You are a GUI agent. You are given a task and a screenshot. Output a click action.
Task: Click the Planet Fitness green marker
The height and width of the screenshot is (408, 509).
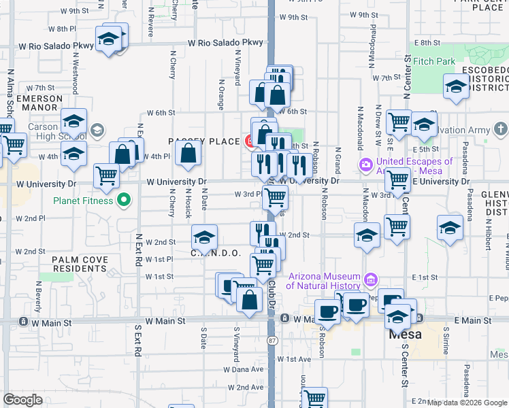pyautogui.click(x=123, y=200)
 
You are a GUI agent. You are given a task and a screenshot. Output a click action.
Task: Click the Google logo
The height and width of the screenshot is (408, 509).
pyautogui.click(x=22, y=400)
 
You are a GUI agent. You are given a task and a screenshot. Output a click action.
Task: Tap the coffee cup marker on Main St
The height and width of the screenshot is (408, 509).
pyautogui.click(x=327, y=312)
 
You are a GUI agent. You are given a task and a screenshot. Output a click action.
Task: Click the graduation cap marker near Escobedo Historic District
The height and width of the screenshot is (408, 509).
pyautogui.click(x=456, y=86)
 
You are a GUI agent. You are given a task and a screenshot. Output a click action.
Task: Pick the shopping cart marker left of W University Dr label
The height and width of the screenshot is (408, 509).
pyautogui.click(x=107, y=175)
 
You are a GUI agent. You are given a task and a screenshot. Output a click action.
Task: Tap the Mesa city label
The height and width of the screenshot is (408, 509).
pyautogui.click(x=406, y=335)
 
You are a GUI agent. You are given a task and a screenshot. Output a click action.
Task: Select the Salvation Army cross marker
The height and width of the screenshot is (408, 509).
pyautogui.click(x=500, y=129)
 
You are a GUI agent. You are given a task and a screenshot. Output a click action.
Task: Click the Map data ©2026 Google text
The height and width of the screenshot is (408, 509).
pyautogui.click(x=467, y=403)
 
